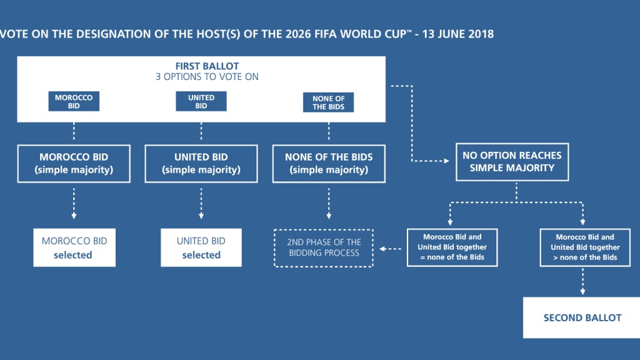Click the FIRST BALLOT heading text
point(207,66)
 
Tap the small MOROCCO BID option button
point(74,101)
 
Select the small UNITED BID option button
point(201,101)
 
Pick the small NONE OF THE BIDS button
point(329,102)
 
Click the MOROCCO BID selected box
point(74,247)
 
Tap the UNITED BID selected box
point(201,247)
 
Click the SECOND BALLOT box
point(582,317)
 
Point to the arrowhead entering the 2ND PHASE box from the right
point(382,249)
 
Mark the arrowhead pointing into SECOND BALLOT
point(583,292)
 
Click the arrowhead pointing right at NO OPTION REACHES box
point(446,161)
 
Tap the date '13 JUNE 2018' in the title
point(458,34)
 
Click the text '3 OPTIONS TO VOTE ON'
point(207,77)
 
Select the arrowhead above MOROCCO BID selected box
point(74,216)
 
